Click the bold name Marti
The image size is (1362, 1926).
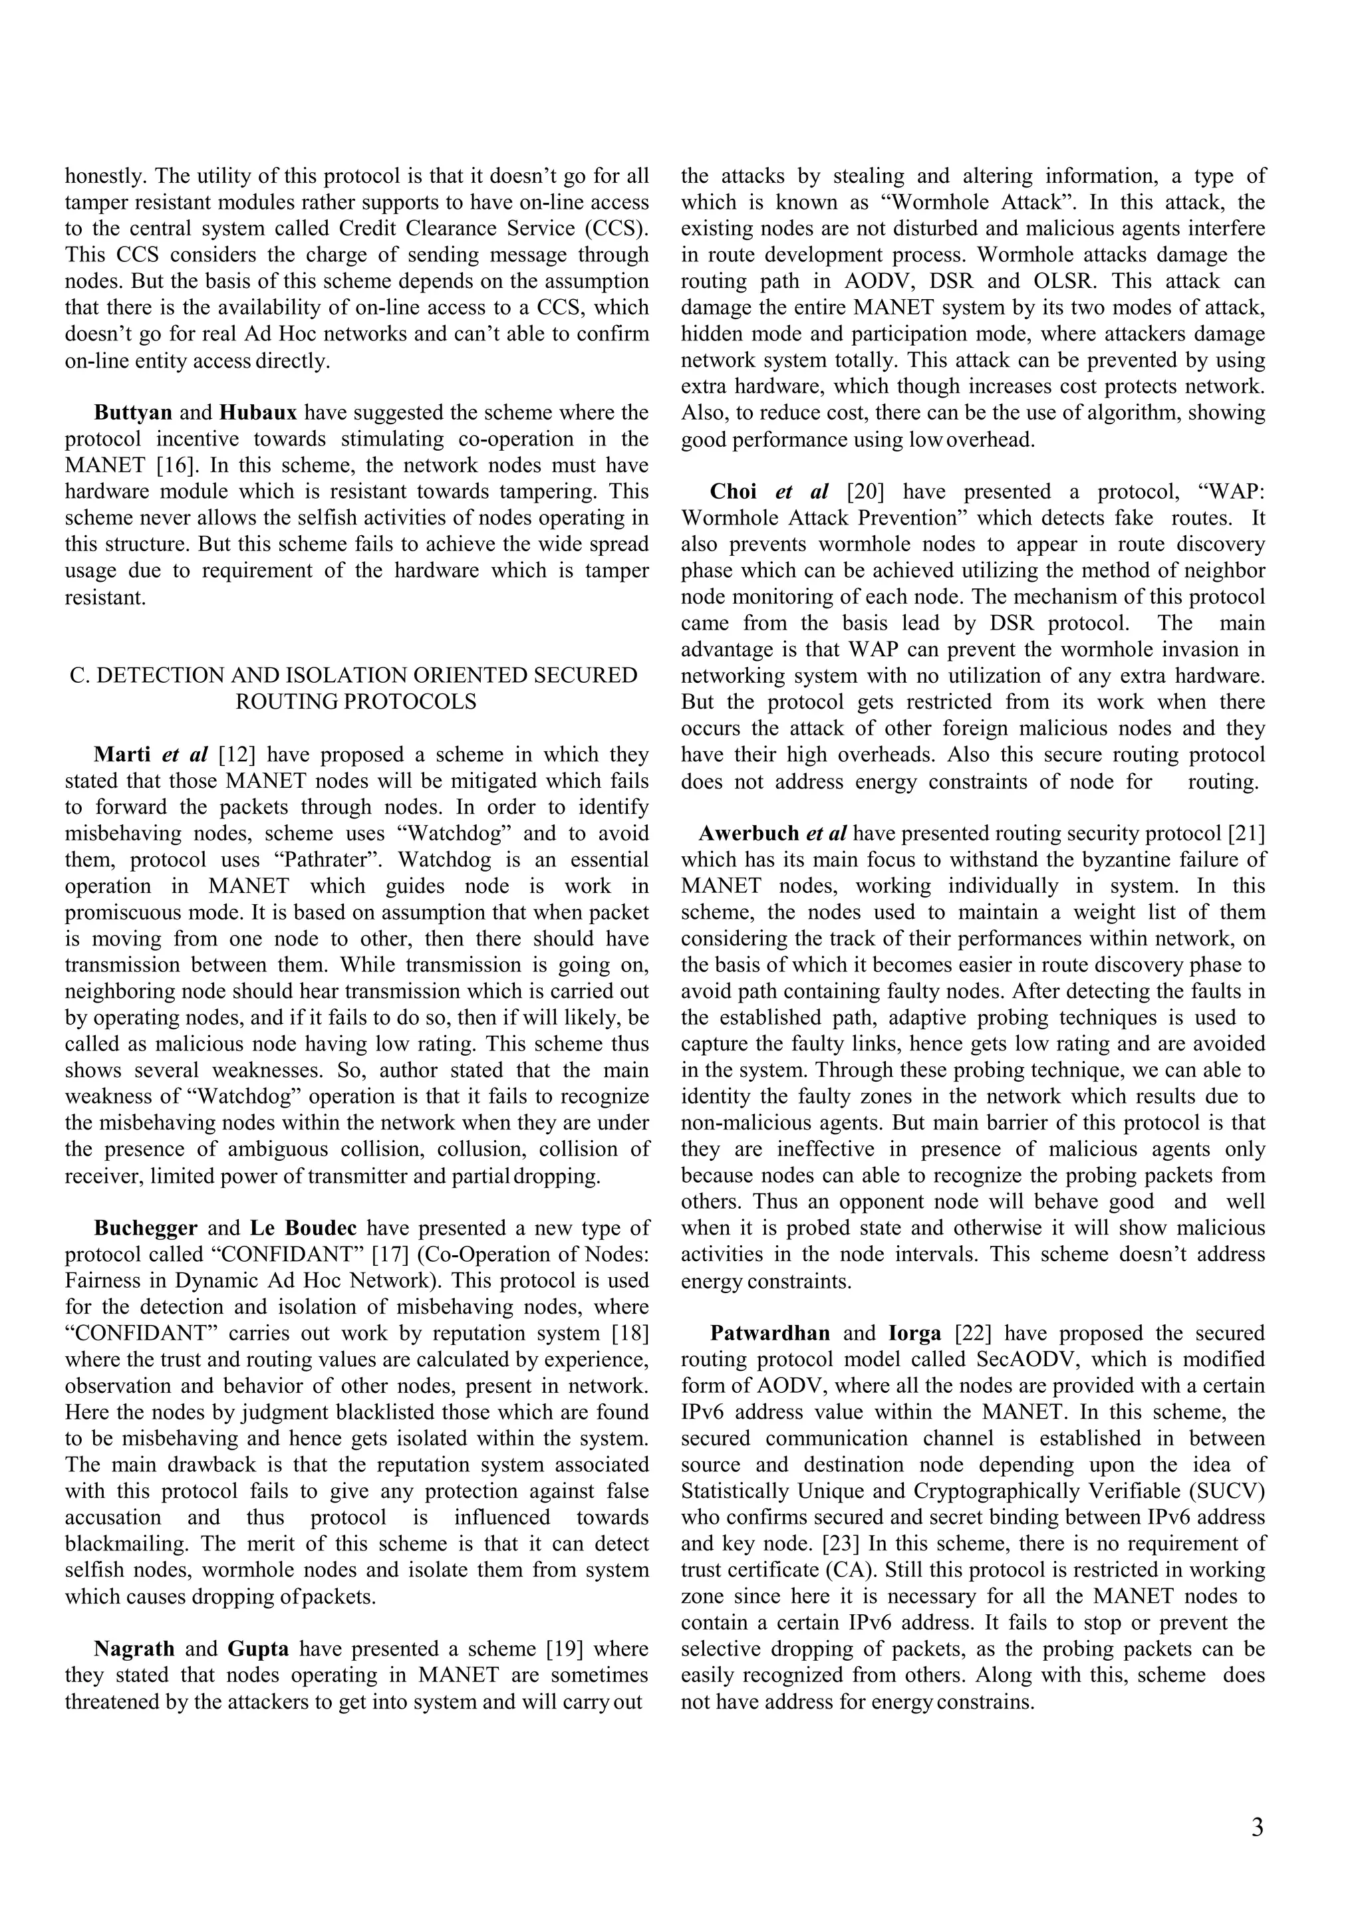click(122, 754)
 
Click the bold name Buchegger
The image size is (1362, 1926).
click(145, 1228)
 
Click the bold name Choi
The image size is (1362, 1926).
click(734, 491)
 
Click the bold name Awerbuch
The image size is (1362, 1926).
click(749, 834)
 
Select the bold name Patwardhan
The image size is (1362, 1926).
click(769, 1333)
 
